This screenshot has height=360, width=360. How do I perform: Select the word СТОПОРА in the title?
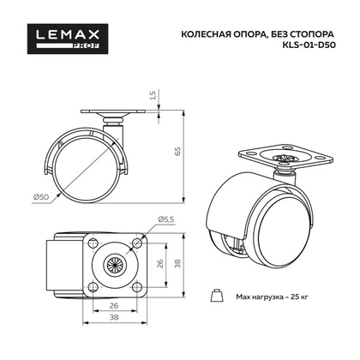315,35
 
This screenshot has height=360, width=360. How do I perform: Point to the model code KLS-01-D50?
306,50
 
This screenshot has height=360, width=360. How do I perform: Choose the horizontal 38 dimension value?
113,325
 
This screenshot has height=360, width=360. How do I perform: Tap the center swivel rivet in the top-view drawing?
113,263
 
